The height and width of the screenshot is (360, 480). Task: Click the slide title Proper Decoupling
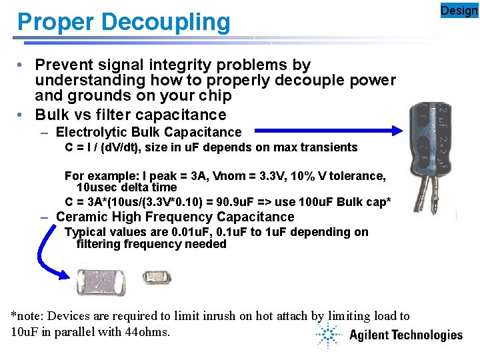point(123,22)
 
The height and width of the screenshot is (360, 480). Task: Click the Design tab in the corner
point(459,10)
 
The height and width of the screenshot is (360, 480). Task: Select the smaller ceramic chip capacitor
point(157,275)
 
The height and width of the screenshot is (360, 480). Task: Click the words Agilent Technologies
point(405,335)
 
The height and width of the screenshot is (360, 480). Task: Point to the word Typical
point(85,232)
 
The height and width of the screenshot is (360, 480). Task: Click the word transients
point(330,147)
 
